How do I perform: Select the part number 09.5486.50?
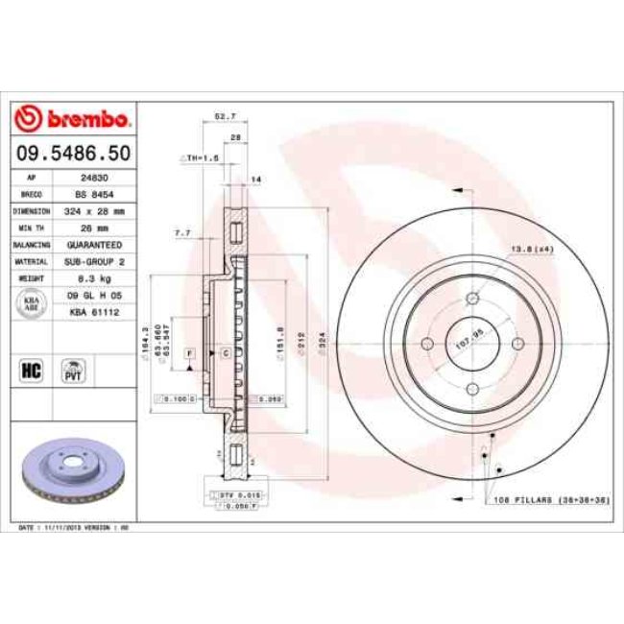[73, 153]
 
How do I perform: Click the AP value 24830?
[92, 178]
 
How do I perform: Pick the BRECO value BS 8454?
[92, 194]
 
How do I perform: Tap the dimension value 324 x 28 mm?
[93, 210]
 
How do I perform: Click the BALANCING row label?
[31, 244]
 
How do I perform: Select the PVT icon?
[72, 371]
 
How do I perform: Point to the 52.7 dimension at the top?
[225, 116]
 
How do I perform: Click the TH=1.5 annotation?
[203, 156]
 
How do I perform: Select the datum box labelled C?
[225, 354]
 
